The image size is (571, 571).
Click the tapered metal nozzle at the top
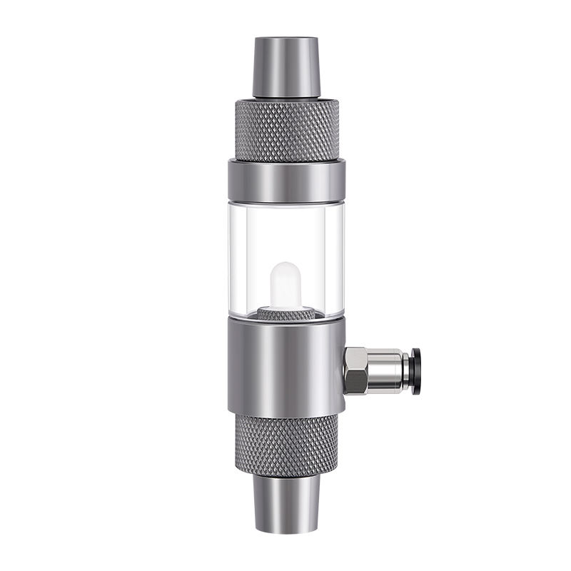(x=285, y=68)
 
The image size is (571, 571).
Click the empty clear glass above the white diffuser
(x=285, y=228)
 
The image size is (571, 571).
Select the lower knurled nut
(x=285, y=443)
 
